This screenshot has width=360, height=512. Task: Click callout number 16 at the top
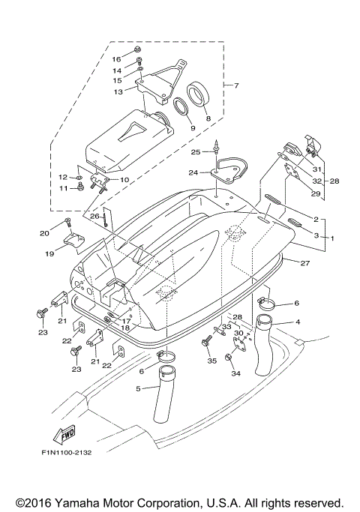coord(116,58)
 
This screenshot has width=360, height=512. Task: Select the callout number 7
coord(236,85)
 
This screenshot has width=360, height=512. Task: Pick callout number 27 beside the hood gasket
coord(304,264)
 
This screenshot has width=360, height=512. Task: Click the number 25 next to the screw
coord(196,152)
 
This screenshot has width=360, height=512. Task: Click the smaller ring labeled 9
coord(181,109)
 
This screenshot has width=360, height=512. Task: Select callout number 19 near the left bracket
coord(49,254)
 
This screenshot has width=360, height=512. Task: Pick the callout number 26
coord(94,217)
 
